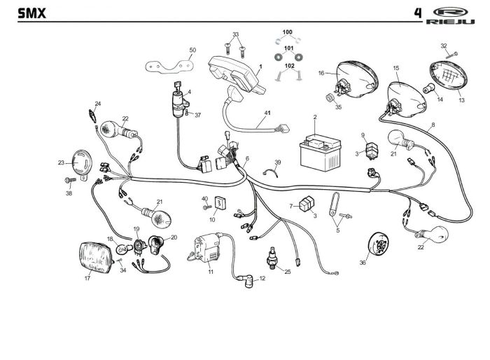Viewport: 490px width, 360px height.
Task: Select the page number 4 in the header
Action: point(417,12)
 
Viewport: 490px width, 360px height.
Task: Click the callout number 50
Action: point(192,50)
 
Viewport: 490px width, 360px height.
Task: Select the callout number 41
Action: point(267,113)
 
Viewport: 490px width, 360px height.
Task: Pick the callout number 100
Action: point(288,33)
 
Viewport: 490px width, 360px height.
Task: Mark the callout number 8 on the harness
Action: point(433,124)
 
